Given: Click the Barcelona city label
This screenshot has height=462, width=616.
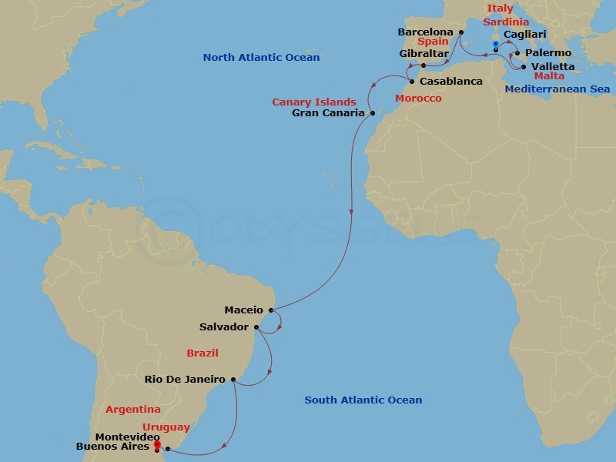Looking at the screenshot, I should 425,32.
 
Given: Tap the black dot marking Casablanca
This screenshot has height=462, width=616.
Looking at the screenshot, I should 412,82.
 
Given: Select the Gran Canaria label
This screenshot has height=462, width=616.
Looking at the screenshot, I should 329,113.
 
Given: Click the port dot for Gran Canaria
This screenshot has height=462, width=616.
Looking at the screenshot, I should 372,113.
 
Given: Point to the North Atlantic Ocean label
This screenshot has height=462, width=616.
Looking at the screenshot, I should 261,58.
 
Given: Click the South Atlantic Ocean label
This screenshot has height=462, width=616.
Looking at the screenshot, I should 363,400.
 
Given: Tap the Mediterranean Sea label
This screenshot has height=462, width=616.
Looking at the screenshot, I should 557,89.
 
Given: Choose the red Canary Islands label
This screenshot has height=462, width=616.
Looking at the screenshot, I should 313,102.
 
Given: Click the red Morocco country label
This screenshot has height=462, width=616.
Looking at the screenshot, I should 418,99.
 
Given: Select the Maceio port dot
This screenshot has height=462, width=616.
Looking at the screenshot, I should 271,310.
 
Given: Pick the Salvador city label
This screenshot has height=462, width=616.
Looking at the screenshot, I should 224,327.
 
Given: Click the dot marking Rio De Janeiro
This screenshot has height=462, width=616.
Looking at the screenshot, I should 233,379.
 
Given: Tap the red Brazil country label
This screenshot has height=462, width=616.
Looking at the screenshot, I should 203,353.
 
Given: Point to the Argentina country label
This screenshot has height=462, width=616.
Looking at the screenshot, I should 133,410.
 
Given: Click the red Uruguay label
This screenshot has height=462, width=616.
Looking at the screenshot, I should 166,427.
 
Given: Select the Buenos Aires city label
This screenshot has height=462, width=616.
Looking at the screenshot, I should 112,447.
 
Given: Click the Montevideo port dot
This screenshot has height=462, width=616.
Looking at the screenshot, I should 168,448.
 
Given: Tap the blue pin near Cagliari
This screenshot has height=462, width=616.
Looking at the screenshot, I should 495,45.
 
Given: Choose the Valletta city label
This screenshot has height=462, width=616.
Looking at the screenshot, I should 553,67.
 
